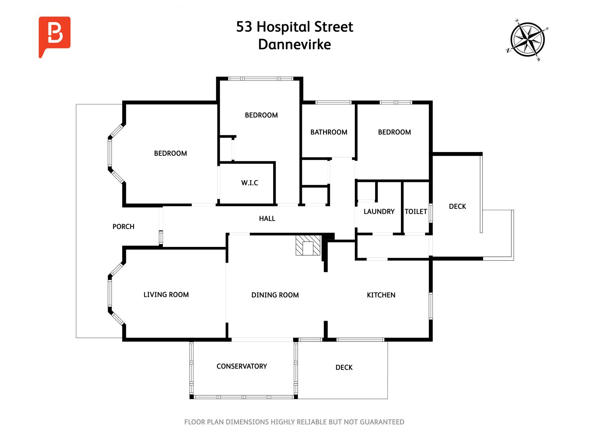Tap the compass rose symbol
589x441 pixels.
point(527,40)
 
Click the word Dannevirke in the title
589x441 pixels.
point(294,44)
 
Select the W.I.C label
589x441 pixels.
point(250,183)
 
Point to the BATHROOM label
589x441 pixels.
point(329,132)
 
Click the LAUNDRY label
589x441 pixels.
point(379,212)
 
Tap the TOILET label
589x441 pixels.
point(416,212)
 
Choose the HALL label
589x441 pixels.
point(267,219)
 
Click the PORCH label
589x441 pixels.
point(123,226)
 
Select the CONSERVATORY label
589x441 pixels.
point(242,366)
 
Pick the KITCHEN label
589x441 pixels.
point(381,295)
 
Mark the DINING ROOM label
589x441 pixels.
point(275,295)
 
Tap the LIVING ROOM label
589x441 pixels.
point(166,294)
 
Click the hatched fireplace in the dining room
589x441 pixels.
point(308,245)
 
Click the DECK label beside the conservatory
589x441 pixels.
point(344,367)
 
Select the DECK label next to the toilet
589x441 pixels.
point(458,207)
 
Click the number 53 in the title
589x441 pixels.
point(244,27)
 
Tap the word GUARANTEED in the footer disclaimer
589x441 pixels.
point(382,422)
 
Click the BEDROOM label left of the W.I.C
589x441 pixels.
point(170,153)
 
